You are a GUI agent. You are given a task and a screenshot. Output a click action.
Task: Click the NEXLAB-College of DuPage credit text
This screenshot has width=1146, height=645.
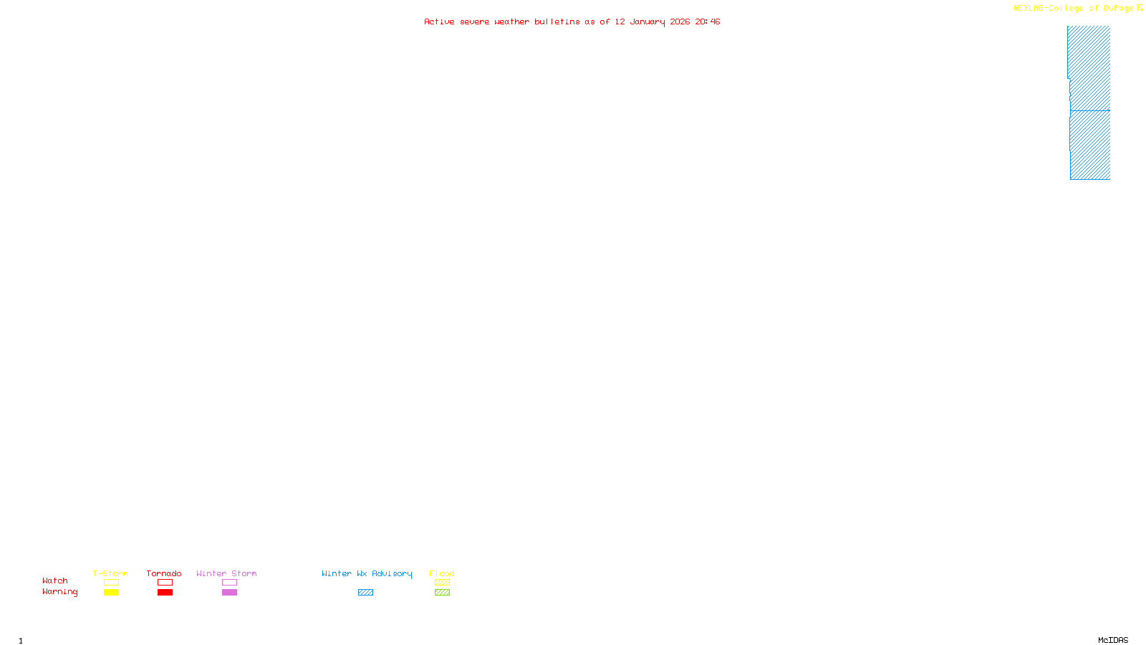tap(1073, 9)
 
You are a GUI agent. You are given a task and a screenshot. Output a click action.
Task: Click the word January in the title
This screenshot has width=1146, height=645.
tap(647, 21)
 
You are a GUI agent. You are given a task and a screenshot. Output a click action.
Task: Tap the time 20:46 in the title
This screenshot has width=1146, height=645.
tap(707, 21)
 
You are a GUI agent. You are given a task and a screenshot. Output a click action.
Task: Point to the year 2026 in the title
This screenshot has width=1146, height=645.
tap(680, 21)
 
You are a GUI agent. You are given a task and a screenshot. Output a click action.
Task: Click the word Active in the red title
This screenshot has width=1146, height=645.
tap(438, 21)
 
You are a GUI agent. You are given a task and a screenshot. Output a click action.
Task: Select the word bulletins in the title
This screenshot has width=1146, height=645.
tap(557, 21)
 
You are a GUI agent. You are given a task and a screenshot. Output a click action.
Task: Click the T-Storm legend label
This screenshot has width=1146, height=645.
tap(110, 573)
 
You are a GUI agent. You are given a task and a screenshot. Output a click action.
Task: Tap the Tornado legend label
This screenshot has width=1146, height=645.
tap(164, 573)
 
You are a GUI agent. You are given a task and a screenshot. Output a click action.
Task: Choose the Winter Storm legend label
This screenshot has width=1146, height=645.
tap(226, 573)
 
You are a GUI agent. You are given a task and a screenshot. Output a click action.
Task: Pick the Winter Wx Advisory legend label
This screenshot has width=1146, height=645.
tap(367, 573)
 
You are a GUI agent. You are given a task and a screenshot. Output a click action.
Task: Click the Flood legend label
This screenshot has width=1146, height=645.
tap(442, 573)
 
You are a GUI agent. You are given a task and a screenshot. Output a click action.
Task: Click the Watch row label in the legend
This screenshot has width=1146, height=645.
tap(55, 580)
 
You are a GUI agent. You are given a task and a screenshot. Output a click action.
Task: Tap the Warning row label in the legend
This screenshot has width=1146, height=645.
tap(59, 592)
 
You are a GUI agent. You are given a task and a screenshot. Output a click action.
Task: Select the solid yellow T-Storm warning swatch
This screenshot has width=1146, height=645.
tap(111, 593)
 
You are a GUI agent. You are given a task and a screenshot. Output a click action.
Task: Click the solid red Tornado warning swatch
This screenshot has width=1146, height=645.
tap(165, 593)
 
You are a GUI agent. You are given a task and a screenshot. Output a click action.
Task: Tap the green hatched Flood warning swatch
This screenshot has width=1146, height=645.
tap(442, 593)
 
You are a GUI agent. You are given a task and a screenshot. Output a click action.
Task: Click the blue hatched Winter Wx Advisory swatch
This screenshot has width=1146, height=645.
tap(365, 593)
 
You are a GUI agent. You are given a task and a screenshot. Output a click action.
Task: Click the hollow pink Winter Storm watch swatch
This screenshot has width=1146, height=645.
tap(229, 583)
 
